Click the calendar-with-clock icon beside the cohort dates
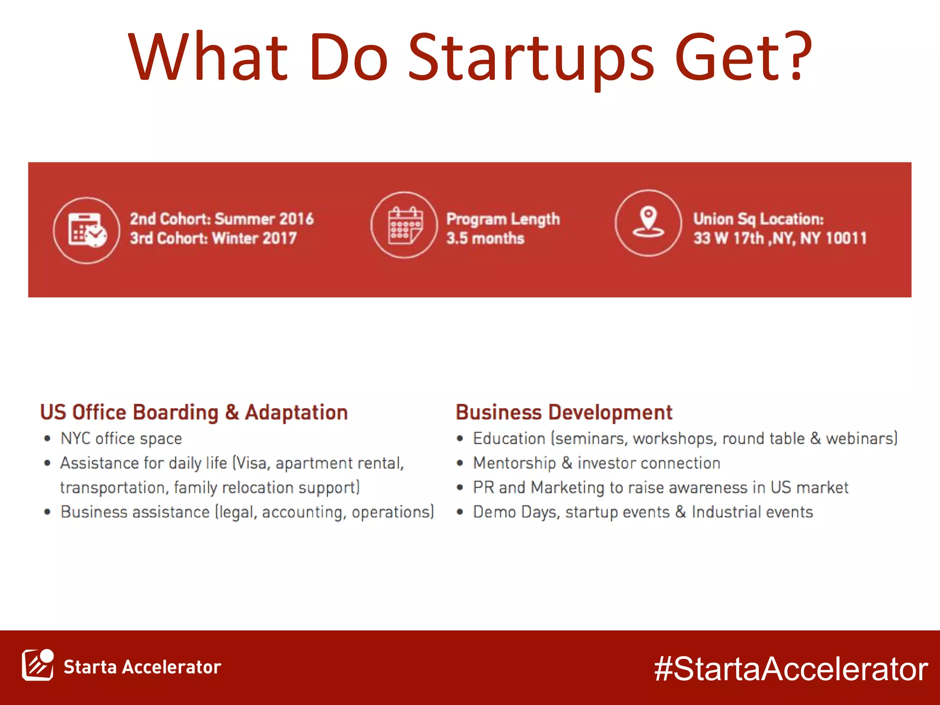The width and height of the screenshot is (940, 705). click(87, 229)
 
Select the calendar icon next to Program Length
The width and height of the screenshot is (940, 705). click(404, 225)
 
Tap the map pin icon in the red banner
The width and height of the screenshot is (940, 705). click(648, 223)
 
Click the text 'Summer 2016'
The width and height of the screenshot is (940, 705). click(264, 219)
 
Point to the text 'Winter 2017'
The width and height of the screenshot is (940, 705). click(254, 238)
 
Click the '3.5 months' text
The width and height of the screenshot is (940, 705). click(485, 238)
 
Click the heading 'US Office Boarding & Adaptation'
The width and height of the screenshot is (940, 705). click(194, 412)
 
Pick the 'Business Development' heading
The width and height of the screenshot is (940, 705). click(564, 412)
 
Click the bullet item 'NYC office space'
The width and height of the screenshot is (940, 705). click(121, 439)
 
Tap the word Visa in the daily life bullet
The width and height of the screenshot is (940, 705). click(252, 463)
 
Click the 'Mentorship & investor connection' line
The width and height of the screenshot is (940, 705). click(596, 463)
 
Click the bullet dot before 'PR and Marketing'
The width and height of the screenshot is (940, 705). click(460, 487)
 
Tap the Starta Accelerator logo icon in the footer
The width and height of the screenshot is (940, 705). click(38, 665)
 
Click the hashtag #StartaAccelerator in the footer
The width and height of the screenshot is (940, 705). click(791, 669)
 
